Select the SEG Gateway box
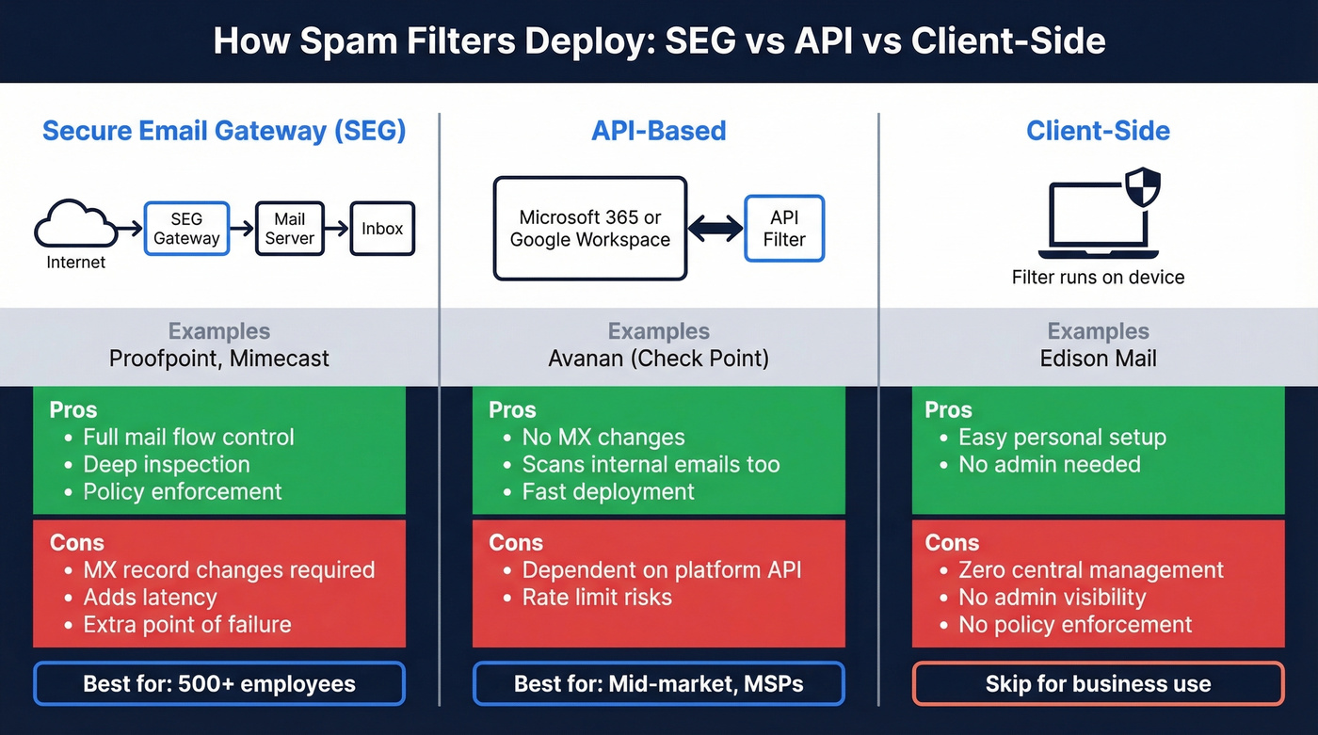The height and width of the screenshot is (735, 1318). pos(186,229)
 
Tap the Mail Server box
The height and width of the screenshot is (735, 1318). pos(290,229)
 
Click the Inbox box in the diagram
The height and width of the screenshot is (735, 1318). pos(382,229)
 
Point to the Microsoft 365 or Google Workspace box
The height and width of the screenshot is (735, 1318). pos(590,229)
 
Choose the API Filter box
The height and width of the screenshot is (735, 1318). pos(784,229)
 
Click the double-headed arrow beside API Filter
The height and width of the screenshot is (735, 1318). pos(715,229)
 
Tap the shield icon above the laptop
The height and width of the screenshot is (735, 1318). pos(1143,187)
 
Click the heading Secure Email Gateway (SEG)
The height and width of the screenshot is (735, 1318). pos(224,130)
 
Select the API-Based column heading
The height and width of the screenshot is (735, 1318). pos(659,130)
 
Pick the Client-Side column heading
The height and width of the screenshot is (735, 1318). pos(1098,130)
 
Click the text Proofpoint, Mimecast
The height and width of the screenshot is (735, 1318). pos(219,359)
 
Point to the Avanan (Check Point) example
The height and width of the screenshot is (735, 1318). pos(659,359)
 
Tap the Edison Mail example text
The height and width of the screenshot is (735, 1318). pos(1098,359)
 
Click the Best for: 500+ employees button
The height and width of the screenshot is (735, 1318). pos(219,684)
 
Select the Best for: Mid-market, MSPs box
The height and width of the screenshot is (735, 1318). pos(659,684)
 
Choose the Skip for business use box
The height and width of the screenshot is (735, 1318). pos(1098,684)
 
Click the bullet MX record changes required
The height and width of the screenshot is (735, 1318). pos(229,570)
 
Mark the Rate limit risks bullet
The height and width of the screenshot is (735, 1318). pos(597,597)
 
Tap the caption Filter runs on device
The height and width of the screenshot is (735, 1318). pos(1098,278)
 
